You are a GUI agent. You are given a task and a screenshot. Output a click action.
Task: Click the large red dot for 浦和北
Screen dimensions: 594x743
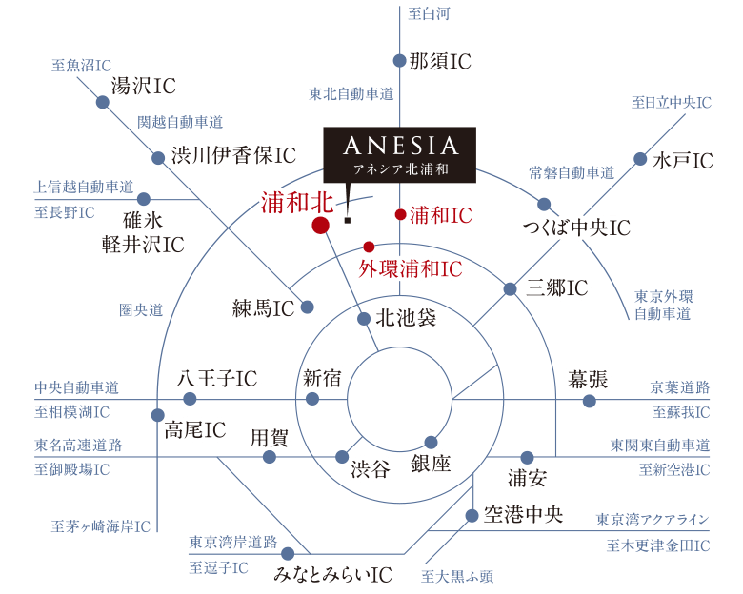(320, 226)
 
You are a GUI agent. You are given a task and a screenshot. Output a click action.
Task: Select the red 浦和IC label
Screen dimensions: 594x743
(441, 216)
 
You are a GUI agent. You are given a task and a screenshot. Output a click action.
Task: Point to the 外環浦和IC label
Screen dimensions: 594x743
(411, 269)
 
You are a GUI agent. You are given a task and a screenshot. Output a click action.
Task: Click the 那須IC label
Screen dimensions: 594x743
(440, 62)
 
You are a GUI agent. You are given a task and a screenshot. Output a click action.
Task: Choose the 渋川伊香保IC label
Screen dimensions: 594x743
(233, 154)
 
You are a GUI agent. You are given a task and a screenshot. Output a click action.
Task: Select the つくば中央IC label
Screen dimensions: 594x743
(576, 228)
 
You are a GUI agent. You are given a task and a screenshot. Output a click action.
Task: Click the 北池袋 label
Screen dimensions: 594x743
(405, 317)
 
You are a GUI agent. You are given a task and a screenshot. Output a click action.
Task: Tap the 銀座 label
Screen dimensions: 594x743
(432, 464)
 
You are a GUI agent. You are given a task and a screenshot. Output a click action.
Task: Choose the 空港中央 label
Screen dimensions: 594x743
(523, 514)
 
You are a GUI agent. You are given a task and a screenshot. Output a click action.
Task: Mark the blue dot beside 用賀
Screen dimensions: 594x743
(270, 458)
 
